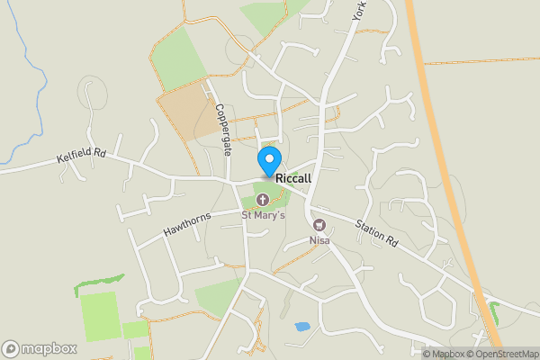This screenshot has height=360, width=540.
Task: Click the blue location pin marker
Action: pyautogui.click(x=268, y=160)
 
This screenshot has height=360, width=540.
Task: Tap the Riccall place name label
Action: pyautogui.click(x=294, y=178)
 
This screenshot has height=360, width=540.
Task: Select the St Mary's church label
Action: pyautogui.click(x=263, y=215)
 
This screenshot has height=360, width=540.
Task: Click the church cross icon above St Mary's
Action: pyautogui.click(x=263, y=199)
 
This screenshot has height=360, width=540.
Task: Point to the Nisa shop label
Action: pyautogui.click(x=319, y=240)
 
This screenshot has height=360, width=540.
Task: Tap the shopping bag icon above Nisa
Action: pyautogui.click(x=319, y=225)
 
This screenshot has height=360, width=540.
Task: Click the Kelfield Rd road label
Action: pyautogui.click(x=81, y=156)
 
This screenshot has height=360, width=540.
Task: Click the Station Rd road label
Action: pyautogui.click(x=376, y=235)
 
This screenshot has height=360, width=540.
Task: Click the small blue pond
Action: pyautogui.click(x=302, y=326)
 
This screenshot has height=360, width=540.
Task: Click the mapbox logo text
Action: pyautogui.click(x=49, y=348)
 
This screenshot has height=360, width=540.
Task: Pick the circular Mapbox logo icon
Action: pyautogui.click(x=11, y=348)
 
